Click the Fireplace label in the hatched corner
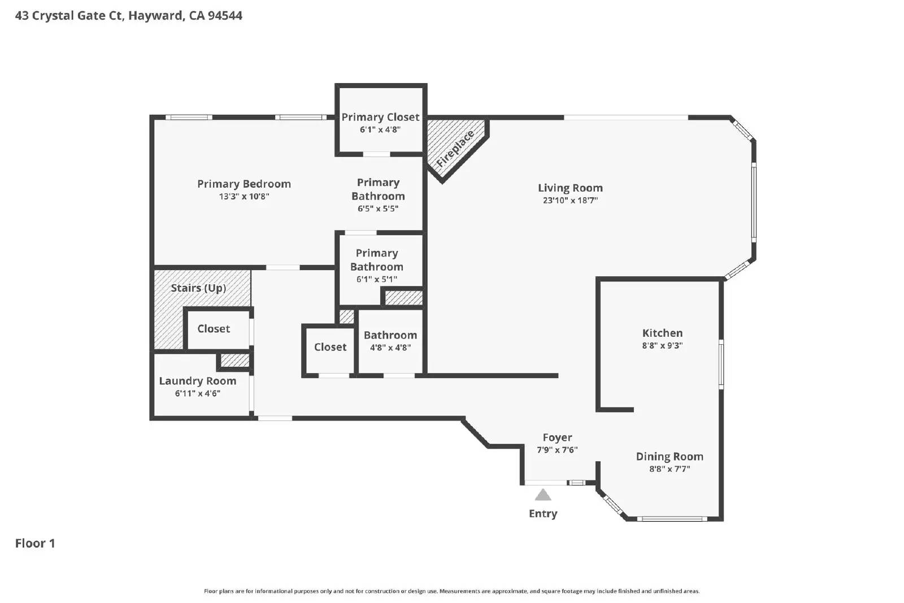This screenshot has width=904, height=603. (x=455, y=148)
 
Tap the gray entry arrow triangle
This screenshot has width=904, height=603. (x=543, y=496)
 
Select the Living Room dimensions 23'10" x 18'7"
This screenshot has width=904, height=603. (x=570, y=200)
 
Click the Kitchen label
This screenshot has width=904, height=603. (x=662, y=333)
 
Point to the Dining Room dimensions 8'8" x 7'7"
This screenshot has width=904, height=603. (x=670, y=469)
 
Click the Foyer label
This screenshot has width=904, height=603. (x=557, y=437)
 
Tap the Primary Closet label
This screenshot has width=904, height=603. (x=380, y=117)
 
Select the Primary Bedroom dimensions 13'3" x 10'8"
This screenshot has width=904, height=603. (x=244, y=197)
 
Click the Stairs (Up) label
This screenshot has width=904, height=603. (x=198, y=288)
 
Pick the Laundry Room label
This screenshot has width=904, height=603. (x=197, y=381)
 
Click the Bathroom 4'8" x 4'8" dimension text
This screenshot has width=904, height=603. (x=390, y=348)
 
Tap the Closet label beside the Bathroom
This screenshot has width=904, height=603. (x=330, y=347)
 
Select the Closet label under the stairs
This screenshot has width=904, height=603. (x=214, y=329)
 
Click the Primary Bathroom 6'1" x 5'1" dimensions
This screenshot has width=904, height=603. (x=376, y=279)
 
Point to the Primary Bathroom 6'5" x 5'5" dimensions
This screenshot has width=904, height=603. (x=378, y=209)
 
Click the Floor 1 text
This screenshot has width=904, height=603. (x=35, y=543)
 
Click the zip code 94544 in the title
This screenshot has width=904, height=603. (x=225, y=15)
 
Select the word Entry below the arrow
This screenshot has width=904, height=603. (x=543, y=514)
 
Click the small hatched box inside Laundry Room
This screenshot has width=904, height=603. (x=234, y=360)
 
